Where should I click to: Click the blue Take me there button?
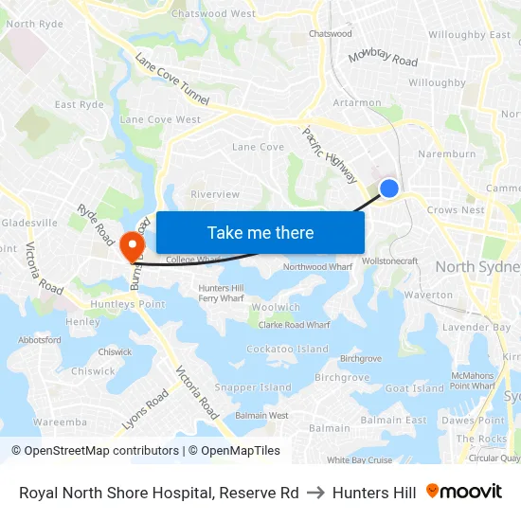click(x=260, y=232)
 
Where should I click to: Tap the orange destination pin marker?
click(x=131, y=245)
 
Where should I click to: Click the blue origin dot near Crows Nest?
click(x=388, y=189)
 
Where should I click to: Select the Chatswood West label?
click(x=213, y=14)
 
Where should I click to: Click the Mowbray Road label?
click(x=383, y=58)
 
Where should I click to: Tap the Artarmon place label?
click(x=357, y=103)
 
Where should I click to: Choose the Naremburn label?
click(x=446, y=153)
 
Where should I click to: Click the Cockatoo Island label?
click(x=288, y=350)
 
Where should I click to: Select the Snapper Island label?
click(x=253, y=387)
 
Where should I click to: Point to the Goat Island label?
click(x=414, y=388)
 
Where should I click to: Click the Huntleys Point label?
click(x=128, y=304)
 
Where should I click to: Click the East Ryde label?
click(x=79, y=105)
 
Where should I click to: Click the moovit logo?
click(x=463, y=492)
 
